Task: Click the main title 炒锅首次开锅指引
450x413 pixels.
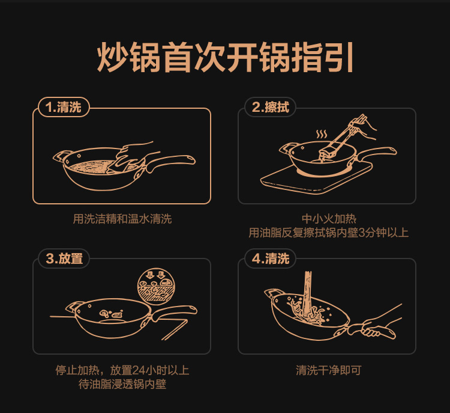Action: [225, 57]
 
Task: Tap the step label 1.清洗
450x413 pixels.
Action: [64, 107]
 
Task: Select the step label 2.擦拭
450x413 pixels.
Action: [270, 107]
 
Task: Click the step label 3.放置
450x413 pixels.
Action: [64, 259]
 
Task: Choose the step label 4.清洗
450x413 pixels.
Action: [270, 259]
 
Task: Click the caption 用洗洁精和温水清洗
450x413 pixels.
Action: [122, 219]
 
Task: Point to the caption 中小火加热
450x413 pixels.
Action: [329, 219]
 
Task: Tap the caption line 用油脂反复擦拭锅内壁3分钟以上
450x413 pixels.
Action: [328, 233]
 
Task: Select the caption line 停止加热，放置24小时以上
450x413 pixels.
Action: [122, 370]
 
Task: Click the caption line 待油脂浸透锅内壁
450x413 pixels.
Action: [122, 384]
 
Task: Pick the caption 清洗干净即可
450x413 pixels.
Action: [328, 370]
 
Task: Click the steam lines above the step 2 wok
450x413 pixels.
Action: [322, 134]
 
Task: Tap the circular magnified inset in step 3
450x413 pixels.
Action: [156, 286]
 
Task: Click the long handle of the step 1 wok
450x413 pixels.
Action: [171, 161]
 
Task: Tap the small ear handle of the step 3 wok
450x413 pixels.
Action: [74, 308]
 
